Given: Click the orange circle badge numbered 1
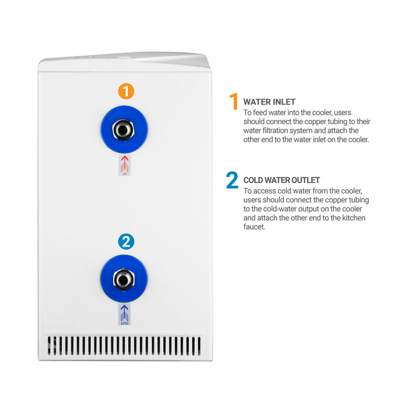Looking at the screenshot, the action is pos(126,92).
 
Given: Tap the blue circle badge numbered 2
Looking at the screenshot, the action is pos(126,241).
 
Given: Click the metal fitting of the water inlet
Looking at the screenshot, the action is pos(124,129).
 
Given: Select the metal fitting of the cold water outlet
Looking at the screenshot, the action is pos(124,279).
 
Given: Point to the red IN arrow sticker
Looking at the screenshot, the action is pos(125,165).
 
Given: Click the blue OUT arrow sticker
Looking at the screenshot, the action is pos(124,314).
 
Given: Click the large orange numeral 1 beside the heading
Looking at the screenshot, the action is pos(234,101).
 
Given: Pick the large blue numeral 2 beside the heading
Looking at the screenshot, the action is pos(232,180).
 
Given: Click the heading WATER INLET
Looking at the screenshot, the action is pos(269,102).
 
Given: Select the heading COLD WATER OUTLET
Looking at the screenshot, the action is pos(282,180).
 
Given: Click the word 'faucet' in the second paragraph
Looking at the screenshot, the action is pos(254,227).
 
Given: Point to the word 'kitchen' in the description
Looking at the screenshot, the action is pos(354,218).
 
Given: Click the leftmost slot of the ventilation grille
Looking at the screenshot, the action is pos(49,346).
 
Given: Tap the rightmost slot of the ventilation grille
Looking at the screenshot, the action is pos(199,346).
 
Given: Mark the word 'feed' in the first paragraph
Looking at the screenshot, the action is pos(260,112).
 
